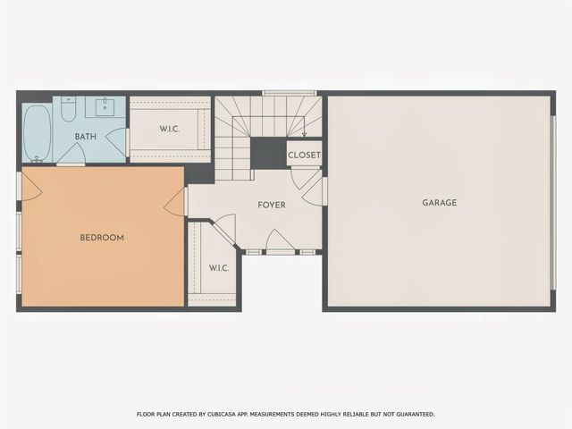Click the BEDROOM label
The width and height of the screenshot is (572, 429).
pyautogui.click(x=102, y=238)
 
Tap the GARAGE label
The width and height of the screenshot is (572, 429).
pyautogui.click(x=439, y=203)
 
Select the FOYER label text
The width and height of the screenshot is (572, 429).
pyautogui.click(x=272, y=206)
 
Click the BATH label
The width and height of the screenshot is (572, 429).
pyautogui.click(x=86, y=137)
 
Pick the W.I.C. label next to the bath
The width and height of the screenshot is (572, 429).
pyautogui.click(x=170, y=130)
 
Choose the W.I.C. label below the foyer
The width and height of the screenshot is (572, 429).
pyautogui.click(x=219, y=267)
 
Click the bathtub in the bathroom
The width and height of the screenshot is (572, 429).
pyautogui.click(x=38, y=132)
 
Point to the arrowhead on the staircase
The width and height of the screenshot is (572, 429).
pyautogui.click(x=304, y=135)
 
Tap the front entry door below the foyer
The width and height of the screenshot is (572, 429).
pyautogui.click(x=281, y=241)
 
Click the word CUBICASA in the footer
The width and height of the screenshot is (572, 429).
pyautogui.click(x=244, y=415)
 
